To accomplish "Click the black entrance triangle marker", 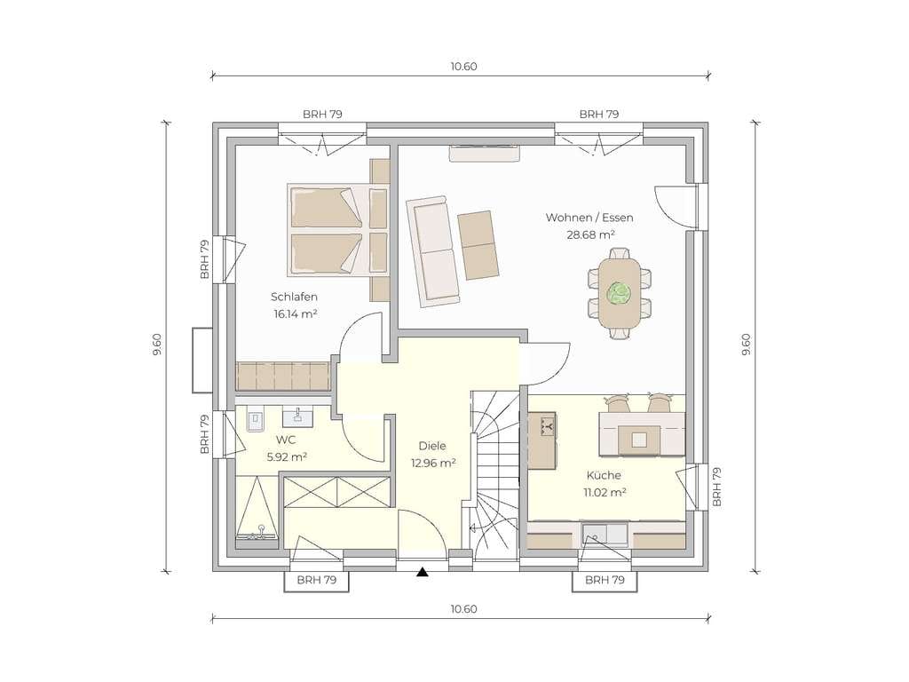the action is coord(423,573).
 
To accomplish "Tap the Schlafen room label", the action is coord(294,297).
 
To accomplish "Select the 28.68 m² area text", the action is coord(590,234).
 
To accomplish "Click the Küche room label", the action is coord(604,476).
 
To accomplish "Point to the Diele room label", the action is coord(432,446).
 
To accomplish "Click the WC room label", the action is coord(287,440).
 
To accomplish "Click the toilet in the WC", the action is coord(255,420).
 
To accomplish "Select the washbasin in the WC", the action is coord(297,416).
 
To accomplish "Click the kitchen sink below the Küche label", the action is coord(605,535).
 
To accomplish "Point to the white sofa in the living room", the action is coord(432,250).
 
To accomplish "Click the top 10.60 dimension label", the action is coord(463,67).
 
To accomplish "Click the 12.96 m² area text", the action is coord(433,464).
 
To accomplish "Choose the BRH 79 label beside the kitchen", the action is coord(716,488).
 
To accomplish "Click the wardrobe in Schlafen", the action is coord(282,376).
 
